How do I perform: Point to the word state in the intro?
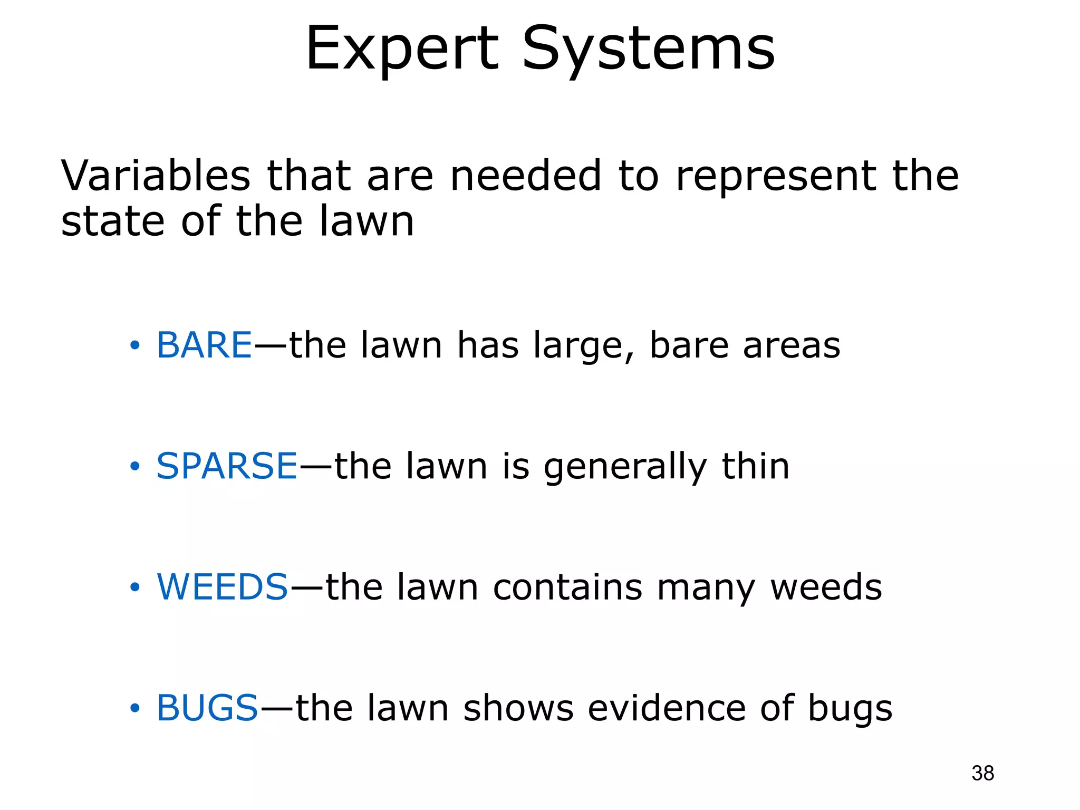[112, 221]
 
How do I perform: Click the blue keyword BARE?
[205, 345]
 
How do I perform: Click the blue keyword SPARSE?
[227, 466]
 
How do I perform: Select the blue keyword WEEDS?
[223, 587]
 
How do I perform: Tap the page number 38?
[982, 773]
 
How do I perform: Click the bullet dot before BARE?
[135, 346]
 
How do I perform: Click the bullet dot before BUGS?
[135, 708]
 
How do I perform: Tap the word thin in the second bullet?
[755, 466]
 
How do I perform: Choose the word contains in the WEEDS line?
[567, 587]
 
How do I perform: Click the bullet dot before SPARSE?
[135, 467]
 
